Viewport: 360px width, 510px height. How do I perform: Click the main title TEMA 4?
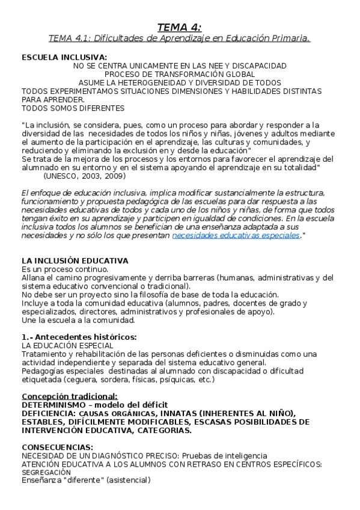pos(180,26)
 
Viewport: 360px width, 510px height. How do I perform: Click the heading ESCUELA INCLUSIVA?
pos(55,57)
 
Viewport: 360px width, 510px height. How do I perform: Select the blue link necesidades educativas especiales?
pos(236,236)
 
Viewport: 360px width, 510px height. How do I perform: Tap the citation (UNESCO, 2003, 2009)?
pos(84,176)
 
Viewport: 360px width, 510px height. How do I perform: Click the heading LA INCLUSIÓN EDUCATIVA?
pos(75,261)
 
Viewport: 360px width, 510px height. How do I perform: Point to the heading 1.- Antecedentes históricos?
pos(79,336)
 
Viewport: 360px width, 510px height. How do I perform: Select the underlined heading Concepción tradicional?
pos(70,396)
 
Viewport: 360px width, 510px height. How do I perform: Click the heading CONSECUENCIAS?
pos(58,447)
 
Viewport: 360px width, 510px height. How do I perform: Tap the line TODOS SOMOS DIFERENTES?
pos(73,108)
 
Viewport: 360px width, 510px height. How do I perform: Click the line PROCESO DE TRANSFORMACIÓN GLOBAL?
pos(180,74)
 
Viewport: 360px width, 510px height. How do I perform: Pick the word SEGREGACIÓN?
pos(46,473)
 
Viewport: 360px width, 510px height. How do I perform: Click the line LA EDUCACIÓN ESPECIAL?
pos(67,346)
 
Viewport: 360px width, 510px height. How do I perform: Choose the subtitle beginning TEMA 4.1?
pos(180,38)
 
